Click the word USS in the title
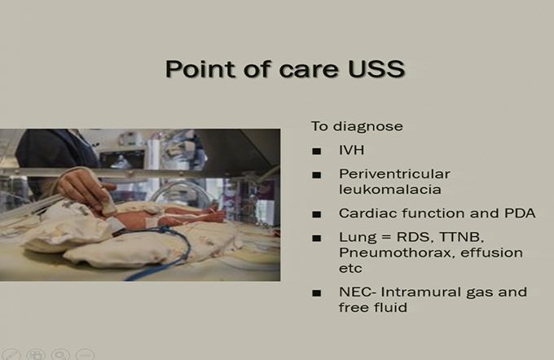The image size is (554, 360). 376,68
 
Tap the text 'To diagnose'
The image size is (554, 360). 357,126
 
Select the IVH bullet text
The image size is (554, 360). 352,150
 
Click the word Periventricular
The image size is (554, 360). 394,173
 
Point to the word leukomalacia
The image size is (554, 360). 390,190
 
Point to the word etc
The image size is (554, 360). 350,269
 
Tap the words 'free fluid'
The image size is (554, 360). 373,307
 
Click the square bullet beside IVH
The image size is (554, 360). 317,151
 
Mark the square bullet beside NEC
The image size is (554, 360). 317,293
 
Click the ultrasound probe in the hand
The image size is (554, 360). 108,200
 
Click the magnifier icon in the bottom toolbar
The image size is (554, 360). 60,354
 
